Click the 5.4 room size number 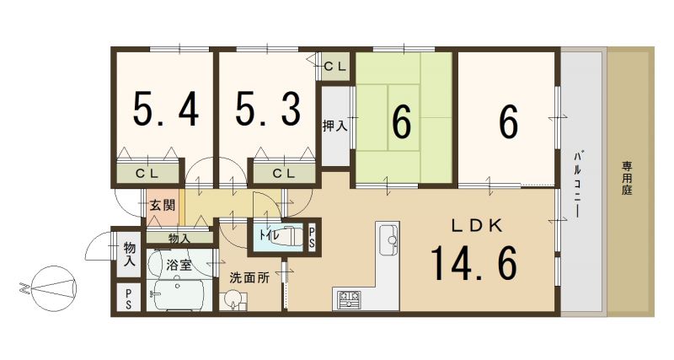tap(165, 110)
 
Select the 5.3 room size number tap(268, 110)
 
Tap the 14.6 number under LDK tap(473, 262)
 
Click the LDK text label tap(476, 225)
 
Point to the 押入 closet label tap(335, 126)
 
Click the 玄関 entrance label tap(162, 205)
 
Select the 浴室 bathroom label tap(179, 265)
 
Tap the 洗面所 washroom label tap(249, 277)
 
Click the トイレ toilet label tap(269, 235)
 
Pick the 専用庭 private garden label tap(627, 178)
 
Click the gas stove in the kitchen tap(349, 299)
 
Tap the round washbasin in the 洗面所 tap(232, 299)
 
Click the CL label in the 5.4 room tap(147, 175)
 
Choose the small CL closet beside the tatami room tap(334, 67)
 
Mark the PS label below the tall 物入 tap(129, 298)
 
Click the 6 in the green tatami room tap(402, 122)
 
